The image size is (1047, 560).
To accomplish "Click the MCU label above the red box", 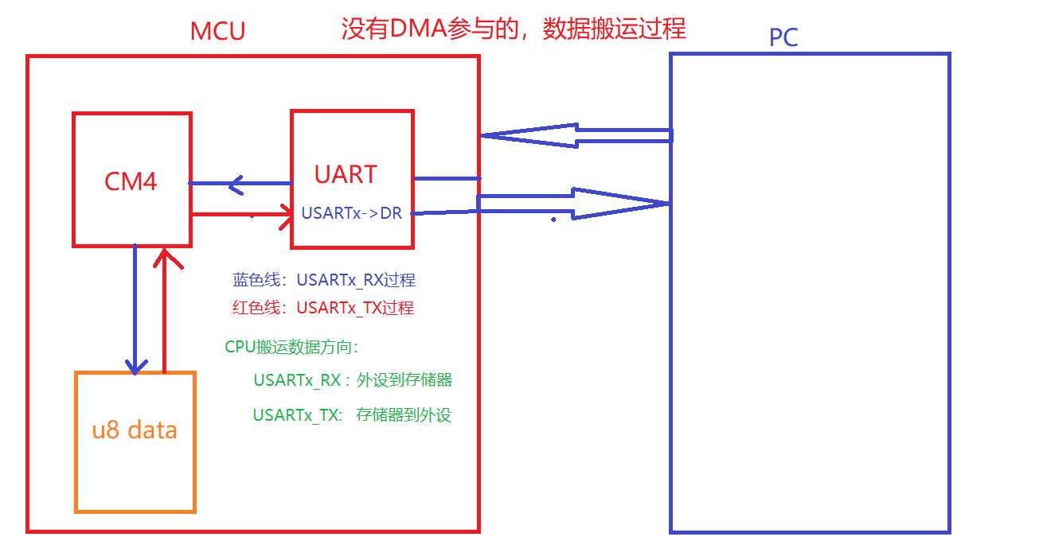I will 217,31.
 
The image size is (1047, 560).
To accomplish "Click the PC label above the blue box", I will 783,37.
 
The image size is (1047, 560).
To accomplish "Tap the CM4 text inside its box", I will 131,181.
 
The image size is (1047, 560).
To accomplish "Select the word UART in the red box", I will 345,174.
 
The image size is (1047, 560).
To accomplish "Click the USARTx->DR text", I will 351,213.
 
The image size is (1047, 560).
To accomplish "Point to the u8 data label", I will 135,430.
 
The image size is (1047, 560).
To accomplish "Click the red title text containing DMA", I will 513,29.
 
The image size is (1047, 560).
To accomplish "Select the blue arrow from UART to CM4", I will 239,185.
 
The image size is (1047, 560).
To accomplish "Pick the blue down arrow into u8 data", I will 136,310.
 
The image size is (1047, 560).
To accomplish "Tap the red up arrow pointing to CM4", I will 165,310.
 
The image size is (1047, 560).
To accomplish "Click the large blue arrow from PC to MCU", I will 573,135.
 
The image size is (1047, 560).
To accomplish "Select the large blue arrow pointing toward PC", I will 573,204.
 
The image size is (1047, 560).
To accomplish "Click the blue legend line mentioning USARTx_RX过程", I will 323,280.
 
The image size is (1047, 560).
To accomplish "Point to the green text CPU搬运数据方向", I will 291,347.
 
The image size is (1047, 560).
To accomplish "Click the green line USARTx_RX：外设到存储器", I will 353,380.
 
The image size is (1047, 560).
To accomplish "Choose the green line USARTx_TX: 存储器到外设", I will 352,414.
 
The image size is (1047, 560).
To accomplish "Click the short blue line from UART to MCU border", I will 447,178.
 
